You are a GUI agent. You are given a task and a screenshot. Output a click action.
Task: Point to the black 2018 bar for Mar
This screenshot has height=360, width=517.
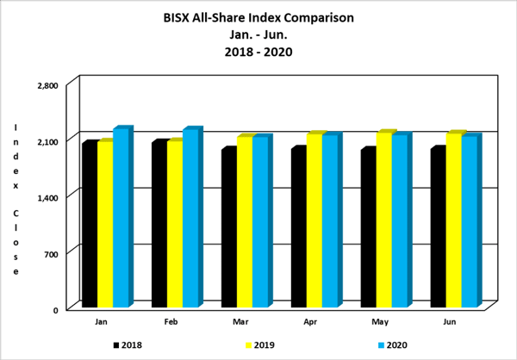tap(228, 227)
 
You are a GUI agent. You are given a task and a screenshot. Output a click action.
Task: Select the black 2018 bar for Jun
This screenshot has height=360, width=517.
tap(437, 227)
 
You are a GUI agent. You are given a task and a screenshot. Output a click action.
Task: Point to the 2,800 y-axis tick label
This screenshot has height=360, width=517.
tap(47, 85)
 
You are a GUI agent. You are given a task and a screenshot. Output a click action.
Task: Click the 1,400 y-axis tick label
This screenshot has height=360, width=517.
tap(47, 197)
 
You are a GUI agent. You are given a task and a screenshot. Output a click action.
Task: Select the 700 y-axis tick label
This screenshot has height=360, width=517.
tap(50, 253)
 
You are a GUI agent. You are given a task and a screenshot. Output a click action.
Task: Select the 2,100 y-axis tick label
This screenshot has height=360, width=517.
tap(47, 141)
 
